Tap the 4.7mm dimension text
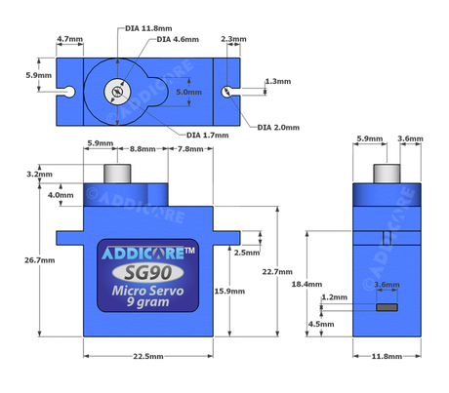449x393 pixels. point(70,40)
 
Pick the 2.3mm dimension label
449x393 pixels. point(235,40)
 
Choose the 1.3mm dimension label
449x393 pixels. point(277,82)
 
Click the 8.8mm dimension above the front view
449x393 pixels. point(143,148)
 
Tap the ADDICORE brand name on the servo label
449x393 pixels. point(143,253)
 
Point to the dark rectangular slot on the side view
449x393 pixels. point(387,307)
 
